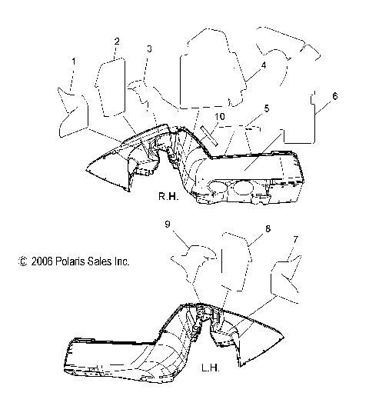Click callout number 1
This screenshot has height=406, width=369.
[x=74, y=62]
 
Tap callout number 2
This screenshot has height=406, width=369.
[x=117, y=42]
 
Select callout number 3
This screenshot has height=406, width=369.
[x=149, y=48]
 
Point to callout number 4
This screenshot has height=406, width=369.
[x=264, y=65]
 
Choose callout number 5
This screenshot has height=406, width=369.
[x=267, y=108]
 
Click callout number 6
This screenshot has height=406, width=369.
[x=335, y=96]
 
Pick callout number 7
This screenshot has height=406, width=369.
[x=295, y=239]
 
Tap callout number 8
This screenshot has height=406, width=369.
[x=268, y=228]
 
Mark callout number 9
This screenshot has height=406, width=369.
[x=168, y=224]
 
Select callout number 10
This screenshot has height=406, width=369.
[x=220, y=117]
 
